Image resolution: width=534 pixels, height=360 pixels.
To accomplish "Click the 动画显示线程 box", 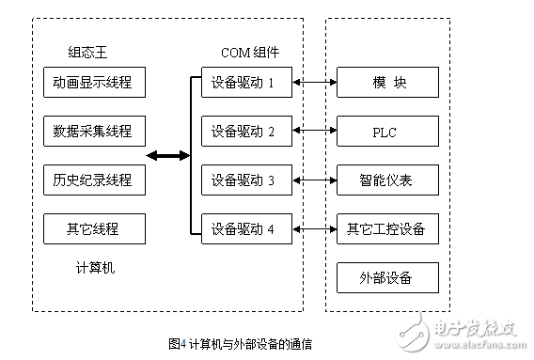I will tap(94, 83).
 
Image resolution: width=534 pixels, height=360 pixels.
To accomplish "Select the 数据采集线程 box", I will tap(94, 131).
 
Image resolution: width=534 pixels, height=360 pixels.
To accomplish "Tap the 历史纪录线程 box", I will tap(94, 179).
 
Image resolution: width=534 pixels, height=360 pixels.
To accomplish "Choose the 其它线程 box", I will tap(94, 227).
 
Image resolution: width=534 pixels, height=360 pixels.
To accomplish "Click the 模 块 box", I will tap(387, 83).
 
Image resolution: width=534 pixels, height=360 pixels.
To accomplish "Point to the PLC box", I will tap(387, 131).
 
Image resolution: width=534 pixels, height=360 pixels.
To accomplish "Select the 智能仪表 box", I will tap(387, 179).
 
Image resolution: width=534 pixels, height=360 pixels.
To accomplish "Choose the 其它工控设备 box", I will tap(387, 227).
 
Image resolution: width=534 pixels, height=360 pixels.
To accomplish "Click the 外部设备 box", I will tap(387, 277).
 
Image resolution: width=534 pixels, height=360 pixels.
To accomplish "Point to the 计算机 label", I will tap(95, 268).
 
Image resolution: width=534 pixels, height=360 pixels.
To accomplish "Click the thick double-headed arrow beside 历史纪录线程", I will tap(167, 155).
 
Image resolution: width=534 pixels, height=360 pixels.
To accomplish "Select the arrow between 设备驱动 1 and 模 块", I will tap(314, 83).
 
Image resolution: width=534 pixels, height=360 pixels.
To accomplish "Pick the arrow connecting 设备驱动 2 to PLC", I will tap(314, 131).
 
